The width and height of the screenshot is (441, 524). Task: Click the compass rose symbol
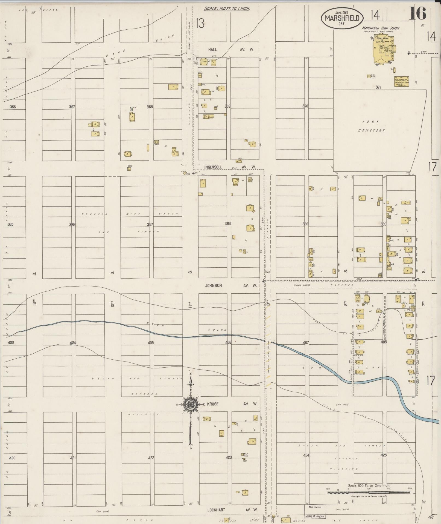click(x=191, y=404)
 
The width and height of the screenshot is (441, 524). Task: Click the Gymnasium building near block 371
click(x=401, y=81)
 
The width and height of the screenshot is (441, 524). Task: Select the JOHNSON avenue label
click(x=213, y=285)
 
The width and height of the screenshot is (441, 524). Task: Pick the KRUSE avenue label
click(x=212, y=404)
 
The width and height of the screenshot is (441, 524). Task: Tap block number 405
click(x=151, y=343)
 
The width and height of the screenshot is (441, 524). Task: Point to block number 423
click(x=229, y=457)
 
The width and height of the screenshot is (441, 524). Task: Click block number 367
click(x=72, y=107)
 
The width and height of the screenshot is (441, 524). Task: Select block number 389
click(x=305, y=224)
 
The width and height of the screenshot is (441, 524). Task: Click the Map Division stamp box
click(x=315, y=507)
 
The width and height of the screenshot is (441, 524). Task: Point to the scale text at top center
click(x=227, y=8)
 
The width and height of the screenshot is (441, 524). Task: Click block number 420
click(x=12, y=458)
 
